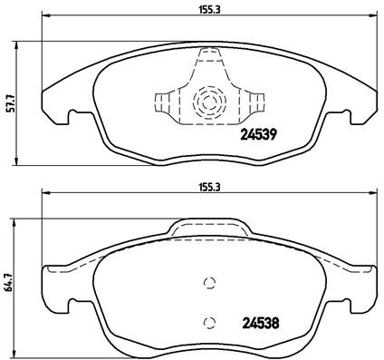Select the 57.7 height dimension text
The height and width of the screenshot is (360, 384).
coord(9,103)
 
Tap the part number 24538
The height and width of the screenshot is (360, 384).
coord(258,320)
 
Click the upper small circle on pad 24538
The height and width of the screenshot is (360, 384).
coord(209,282)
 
